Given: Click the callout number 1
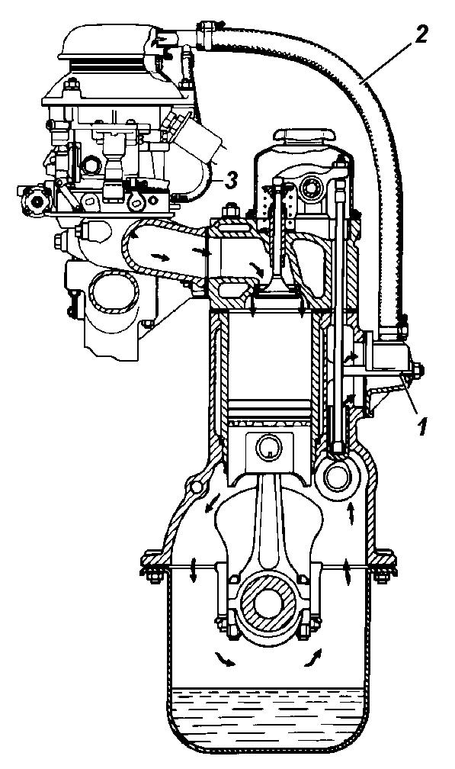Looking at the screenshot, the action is [x=422, y=426].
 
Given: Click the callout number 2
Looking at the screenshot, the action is [x=421, y=33].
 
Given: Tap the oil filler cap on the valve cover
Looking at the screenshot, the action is [x=304, y=136].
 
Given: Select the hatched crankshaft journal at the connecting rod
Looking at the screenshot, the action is [x=268, y=602].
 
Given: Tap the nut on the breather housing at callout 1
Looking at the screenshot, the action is [x=418, y=368].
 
